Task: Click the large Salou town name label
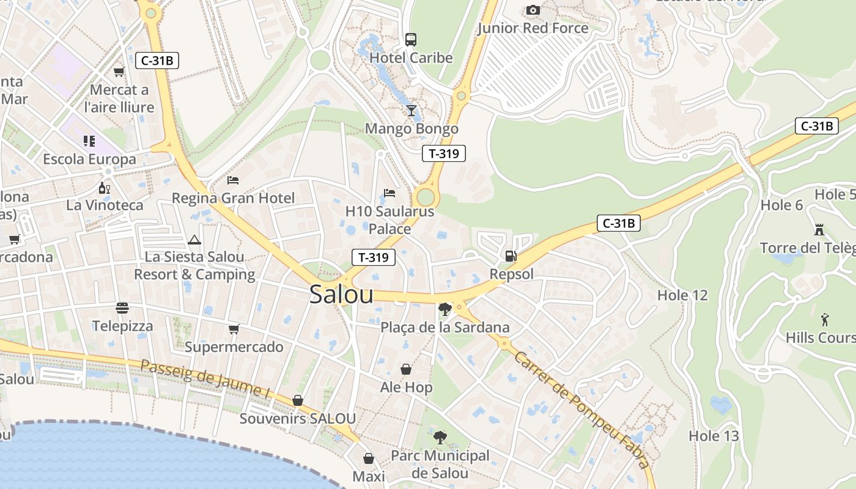click(341, 294)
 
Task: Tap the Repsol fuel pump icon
click(511, 256)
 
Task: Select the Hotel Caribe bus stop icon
click(411, 40)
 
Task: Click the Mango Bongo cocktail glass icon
click(411, 111)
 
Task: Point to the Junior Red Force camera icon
click(533, 10)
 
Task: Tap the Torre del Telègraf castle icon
click(819, 229)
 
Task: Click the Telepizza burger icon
click(122, 307)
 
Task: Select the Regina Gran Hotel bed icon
click(233, 180)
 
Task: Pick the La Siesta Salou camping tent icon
click(194, 240)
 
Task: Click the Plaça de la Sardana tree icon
click(445, 309)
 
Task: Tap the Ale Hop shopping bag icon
click(405, 369)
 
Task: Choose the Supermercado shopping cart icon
click(234, 329)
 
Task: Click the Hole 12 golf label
click(682, 295)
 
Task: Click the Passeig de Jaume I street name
click(205, 379)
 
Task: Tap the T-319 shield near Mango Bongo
click(444, 153)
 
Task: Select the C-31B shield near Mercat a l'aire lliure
click(157, 61)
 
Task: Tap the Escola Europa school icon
click(89, 141)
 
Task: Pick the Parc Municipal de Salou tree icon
click(440, 437)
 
